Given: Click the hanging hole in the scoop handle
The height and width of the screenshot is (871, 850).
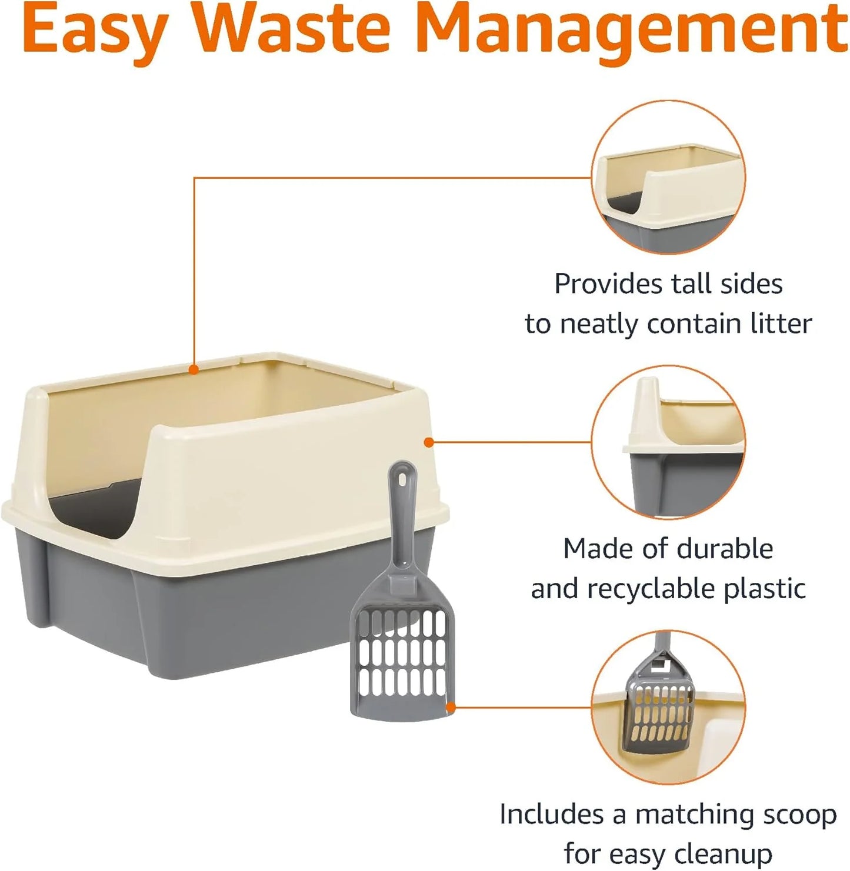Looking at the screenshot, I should [402, 479].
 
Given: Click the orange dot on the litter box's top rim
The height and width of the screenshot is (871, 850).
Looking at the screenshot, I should [194, 369].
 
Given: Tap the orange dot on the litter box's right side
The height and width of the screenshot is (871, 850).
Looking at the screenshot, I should [429, 442].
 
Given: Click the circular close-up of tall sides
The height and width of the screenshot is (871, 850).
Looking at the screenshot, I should [668, 177].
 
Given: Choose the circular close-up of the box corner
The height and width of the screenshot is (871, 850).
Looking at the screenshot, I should [668, 442].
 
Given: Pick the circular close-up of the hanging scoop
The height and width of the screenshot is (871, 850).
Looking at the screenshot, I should [668, 707].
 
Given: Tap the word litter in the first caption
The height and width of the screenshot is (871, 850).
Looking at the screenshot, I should [780, 324].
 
